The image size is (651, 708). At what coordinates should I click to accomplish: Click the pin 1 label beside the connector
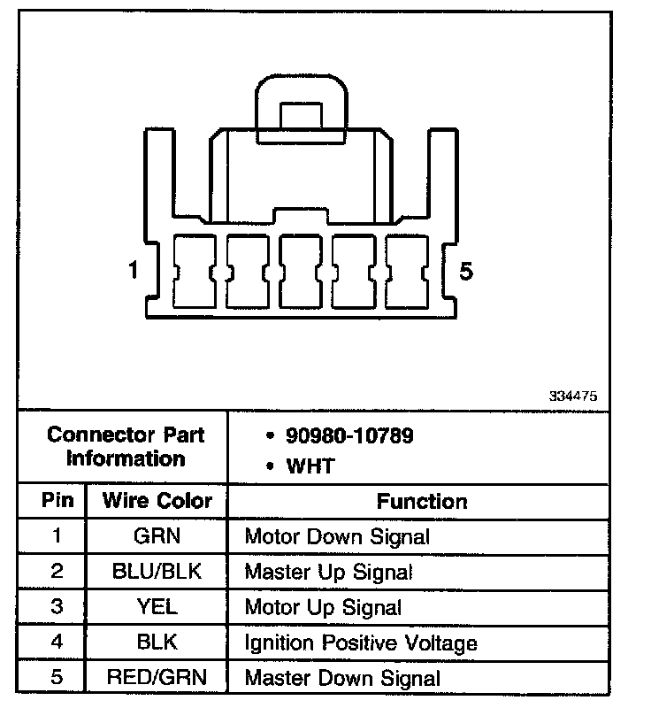coord(134,271)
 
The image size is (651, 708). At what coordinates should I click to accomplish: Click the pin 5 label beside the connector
coord(466,271)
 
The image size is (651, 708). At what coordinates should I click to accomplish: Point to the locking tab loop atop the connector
coord(301,102)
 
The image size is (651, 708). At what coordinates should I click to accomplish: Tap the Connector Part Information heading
coord(126,447)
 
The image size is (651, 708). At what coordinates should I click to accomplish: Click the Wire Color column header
coord(157,501)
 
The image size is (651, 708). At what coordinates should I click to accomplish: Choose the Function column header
coord(422,502)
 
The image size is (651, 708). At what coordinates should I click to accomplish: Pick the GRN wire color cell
coord(157,536)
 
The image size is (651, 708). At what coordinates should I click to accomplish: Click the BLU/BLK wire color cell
coord(157,572)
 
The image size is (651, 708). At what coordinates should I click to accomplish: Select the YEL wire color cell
coord(157,607)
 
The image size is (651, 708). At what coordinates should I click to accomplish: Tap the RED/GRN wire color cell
coord(157,678)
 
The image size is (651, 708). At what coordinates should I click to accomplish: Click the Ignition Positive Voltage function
coord(361,643)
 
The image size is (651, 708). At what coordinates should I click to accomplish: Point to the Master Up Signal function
coord(328,573)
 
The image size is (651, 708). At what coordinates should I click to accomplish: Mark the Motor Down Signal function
coord(337,536)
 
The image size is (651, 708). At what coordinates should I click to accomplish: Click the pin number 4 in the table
coord(57,643)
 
